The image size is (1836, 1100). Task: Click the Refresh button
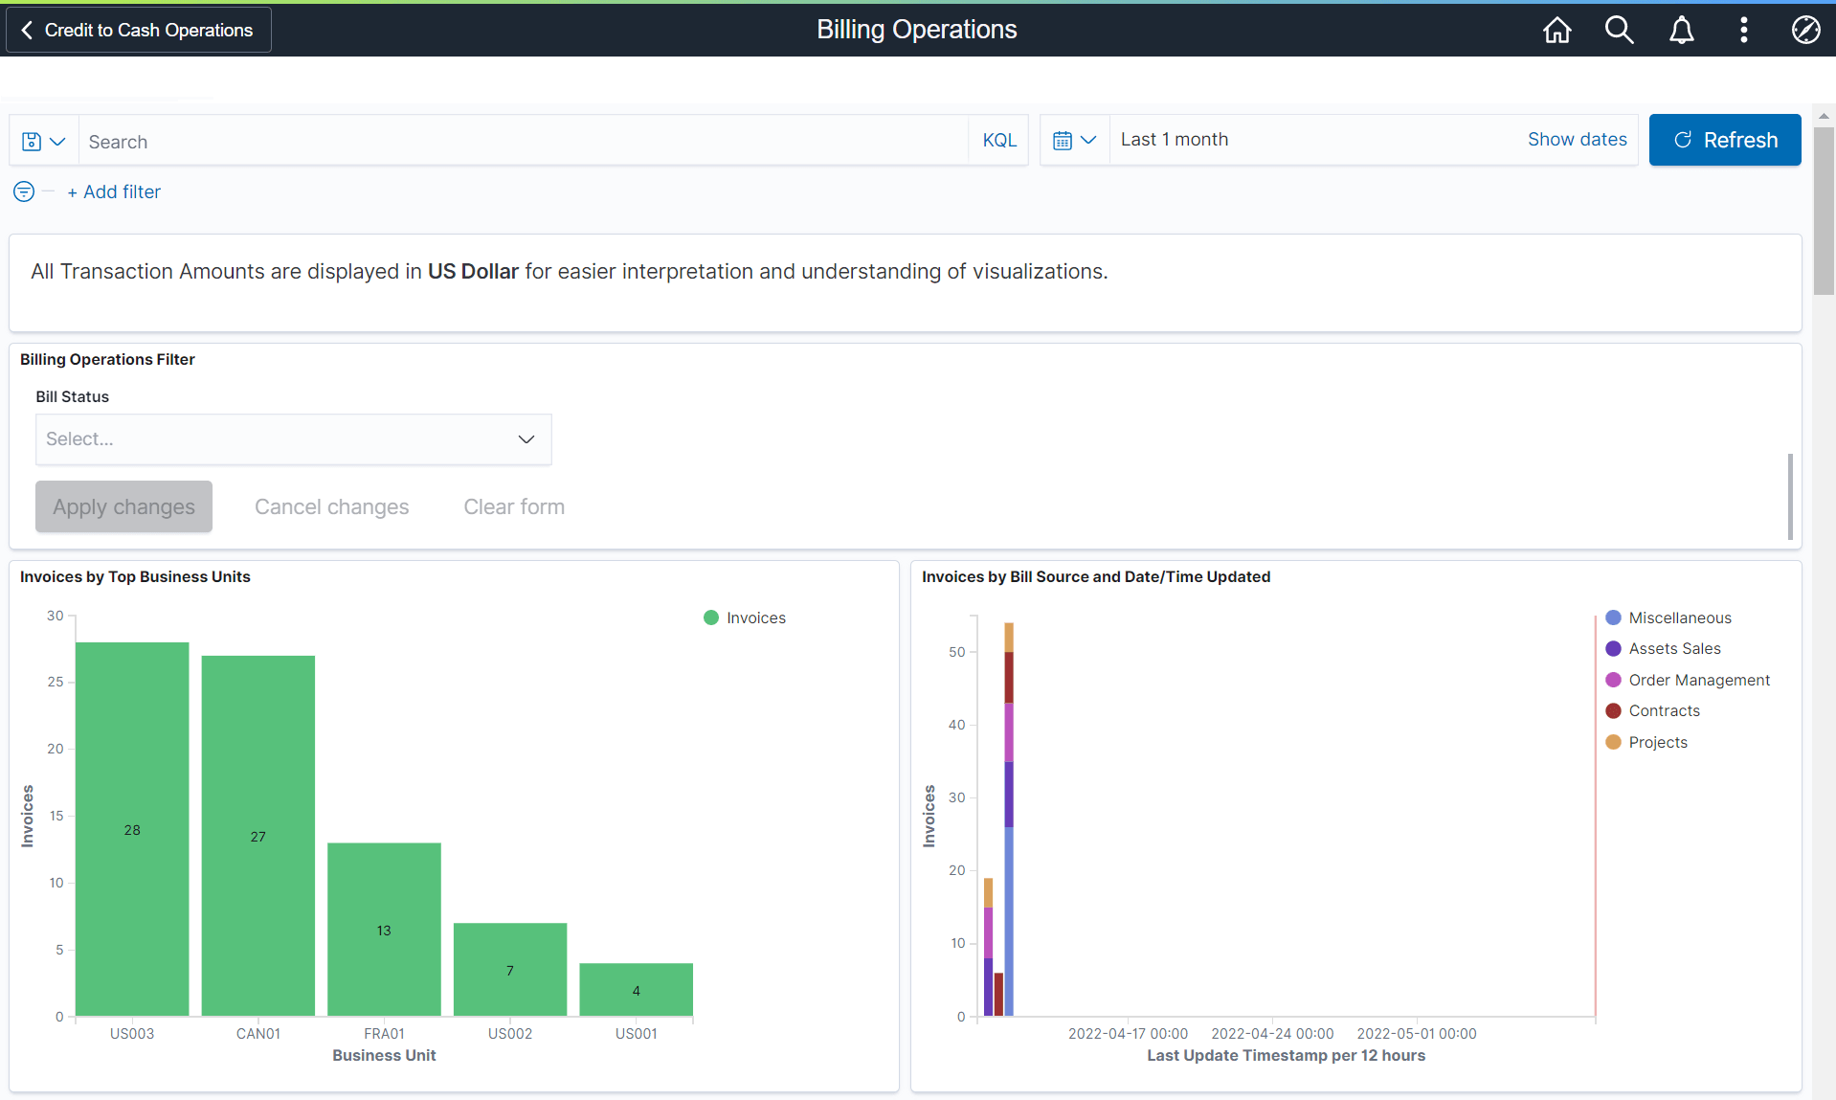point(1724,140)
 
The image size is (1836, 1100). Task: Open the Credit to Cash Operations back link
point(139,30)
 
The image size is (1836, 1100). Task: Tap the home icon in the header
point(1556,30)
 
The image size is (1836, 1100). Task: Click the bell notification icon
point(1681,30)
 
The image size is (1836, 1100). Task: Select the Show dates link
point(1577,140)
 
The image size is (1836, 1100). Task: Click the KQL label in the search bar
point(999,141)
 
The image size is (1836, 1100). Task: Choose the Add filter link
point(114,191)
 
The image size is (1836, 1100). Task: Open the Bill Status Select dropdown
point(293,439)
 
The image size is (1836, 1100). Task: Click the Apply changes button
point(123,506)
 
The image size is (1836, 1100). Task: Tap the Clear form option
point(514,506)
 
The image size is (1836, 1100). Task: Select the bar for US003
point(132,828)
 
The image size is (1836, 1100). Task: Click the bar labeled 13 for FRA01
point(384,929)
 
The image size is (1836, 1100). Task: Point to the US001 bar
point(636,989)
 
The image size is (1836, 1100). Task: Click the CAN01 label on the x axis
point(258,1034)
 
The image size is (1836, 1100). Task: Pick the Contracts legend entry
point(1664,711)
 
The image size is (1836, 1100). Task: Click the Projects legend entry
point(1657,742)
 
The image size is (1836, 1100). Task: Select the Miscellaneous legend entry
point(1679,617)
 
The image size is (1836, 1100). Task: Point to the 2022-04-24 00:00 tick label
point(1272,1034)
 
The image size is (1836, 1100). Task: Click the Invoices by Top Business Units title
point(135,576)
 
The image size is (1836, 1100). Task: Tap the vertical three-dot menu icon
point(1743,30)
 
